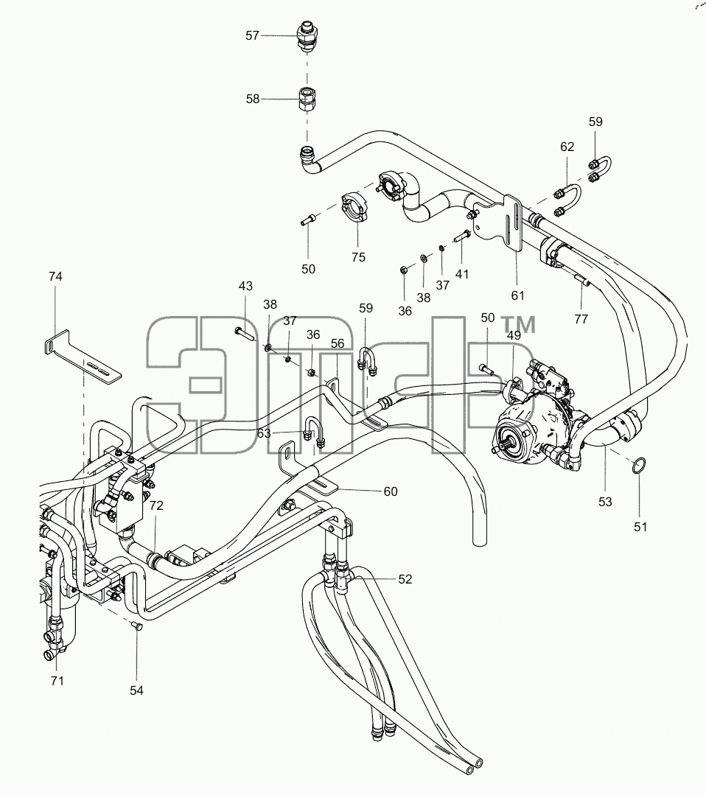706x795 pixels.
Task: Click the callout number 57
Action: [252, 35]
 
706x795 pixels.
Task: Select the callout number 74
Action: [55, 276]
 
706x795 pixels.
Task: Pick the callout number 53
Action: [605, 502]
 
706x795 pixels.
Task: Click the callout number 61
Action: [517, 295]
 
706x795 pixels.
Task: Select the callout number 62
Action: [567, 147]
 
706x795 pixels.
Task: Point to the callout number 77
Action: [581, 319]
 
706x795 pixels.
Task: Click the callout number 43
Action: [245, 286]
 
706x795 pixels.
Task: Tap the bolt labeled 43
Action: [245, 334]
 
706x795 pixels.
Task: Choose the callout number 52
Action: [405, 579]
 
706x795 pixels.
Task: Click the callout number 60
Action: [391, 491]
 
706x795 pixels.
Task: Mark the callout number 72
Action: [156, 505]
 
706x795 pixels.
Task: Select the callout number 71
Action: [57, 680]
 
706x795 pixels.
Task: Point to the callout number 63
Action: [264, 433]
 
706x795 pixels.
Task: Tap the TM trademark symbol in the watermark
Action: [517, 325]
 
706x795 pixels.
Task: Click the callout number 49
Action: [514, 335]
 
